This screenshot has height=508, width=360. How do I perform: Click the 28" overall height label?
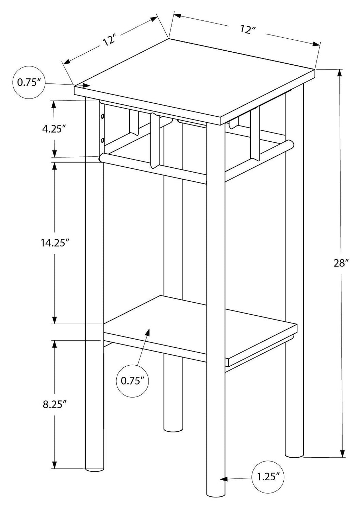341,263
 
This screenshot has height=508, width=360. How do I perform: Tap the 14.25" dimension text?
55,243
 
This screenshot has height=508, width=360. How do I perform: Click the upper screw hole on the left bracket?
102,117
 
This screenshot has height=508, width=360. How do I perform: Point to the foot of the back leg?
173,429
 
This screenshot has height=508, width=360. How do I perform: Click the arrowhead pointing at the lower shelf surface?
148,333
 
